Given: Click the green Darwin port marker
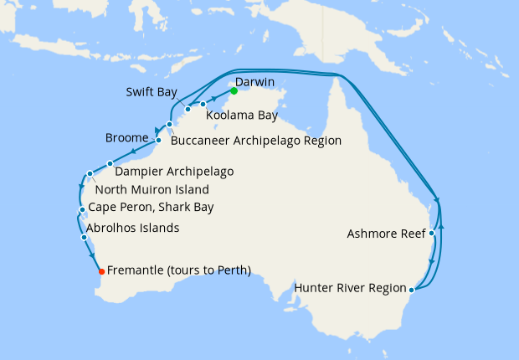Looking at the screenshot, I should [234, 90].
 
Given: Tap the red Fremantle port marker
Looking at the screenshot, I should [101, 271].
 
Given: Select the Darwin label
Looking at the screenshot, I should [255, 82].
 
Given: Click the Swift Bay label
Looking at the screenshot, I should [152, 92].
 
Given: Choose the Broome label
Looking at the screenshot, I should [127, 137].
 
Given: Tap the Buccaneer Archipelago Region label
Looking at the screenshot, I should [255, 141].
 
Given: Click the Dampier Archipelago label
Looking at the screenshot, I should [174, 172].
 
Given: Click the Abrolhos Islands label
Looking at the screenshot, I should [132, 228].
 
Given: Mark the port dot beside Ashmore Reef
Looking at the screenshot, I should [432, 234].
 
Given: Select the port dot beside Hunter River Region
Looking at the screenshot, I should [410, 291].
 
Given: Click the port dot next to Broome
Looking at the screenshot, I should [158, 140].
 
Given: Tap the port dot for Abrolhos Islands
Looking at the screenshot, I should [84, 238].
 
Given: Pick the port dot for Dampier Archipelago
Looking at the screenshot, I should [110, 163].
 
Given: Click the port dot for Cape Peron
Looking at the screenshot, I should [80, 209].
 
